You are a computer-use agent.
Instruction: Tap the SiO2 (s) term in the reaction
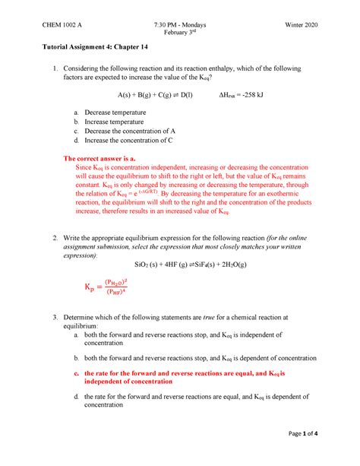[x=146, y=267]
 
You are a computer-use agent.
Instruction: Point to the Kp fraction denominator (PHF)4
[x=115, y=291]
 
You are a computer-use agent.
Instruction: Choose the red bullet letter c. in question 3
[x=76, y=373]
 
